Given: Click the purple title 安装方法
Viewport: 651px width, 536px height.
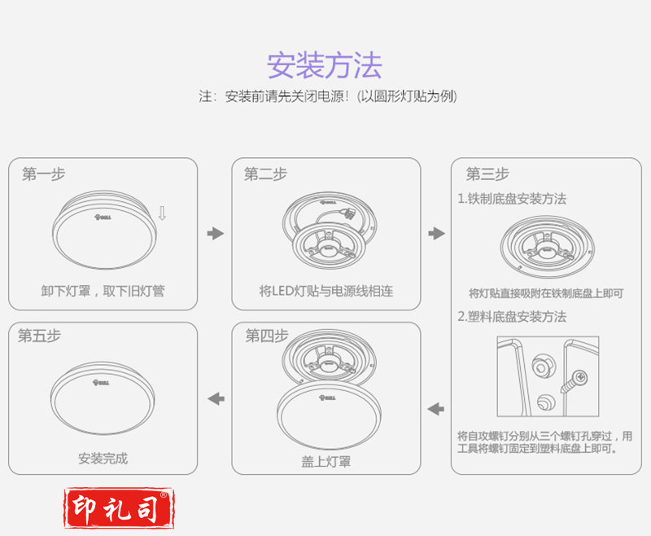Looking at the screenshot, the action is point(324,65).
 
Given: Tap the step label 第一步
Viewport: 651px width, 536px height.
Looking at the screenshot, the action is point(44,174).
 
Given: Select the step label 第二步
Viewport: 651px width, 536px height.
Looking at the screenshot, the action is point(265,174).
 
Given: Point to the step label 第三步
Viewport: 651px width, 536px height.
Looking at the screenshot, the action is point(487,174).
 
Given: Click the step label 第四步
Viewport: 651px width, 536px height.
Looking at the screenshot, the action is point(267,336).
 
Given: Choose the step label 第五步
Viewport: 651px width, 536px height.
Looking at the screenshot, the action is point(39,336).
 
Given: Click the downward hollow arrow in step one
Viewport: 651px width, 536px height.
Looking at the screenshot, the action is point(162,213).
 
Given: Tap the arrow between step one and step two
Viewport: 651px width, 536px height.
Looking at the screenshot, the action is point(216,233).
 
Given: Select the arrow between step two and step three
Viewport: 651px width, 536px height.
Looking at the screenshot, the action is point(436,233).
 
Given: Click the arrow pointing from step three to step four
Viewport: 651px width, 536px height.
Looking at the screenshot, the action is point(436,409).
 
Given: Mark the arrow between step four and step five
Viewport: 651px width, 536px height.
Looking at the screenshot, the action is point(216,399).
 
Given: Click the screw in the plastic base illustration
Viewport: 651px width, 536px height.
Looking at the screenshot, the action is point(574,381).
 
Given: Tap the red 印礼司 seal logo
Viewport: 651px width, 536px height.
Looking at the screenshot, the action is point(119,508).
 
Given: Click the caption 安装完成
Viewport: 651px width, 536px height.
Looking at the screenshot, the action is point(103,459).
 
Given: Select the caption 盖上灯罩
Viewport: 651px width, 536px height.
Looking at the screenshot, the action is point(326,462).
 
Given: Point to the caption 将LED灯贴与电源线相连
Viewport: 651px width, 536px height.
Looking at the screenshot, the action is point(326,291).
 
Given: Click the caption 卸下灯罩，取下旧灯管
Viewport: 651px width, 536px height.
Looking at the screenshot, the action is point(103,291).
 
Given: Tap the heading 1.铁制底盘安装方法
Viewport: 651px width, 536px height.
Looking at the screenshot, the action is point(512,199).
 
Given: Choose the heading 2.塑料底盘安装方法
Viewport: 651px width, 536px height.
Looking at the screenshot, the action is point(512,317).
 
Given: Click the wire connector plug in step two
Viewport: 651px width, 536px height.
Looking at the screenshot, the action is point(348,214).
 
